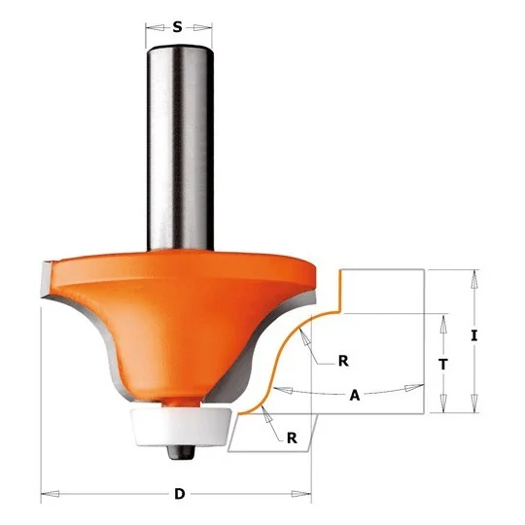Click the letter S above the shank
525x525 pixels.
click(x=178, y=27)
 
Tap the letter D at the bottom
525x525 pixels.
click(x=180, y=494)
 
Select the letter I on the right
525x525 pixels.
click(x=473, y=335)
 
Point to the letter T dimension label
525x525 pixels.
click(x=443, y=364)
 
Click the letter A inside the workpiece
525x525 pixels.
click(x=355, y=396)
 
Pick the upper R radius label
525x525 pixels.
click(x=343, y=361)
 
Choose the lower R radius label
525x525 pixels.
click(x=292, y=438)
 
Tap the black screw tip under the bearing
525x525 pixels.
click(x=181, y=452)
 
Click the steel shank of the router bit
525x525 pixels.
click(x=180, y=148)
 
